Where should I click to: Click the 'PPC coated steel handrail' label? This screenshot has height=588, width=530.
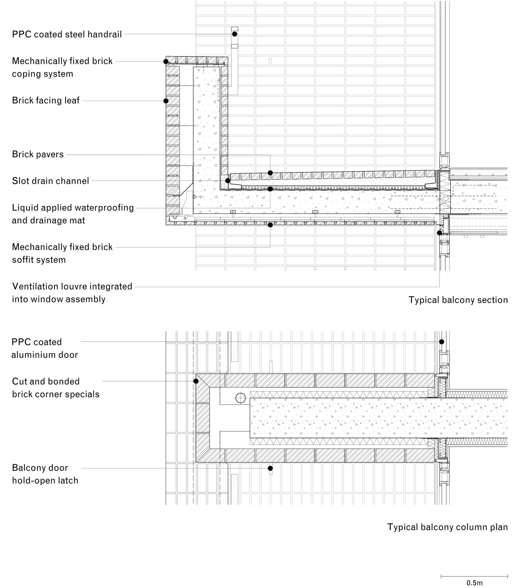67,34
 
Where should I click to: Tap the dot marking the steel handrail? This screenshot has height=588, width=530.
235,34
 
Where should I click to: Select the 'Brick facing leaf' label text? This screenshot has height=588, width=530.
46,100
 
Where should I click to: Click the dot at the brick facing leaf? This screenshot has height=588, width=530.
166,101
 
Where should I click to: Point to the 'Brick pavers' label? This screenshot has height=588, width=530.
38,155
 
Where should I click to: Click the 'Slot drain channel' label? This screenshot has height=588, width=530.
50,181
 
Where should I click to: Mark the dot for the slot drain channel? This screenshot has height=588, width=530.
228,181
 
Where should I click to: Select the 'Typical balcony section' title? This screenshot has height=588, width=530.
458,300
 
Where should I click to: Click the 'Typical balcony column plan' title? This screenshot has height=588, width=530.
447,527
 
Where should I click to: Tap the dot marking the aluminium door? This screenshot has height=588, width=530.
442,341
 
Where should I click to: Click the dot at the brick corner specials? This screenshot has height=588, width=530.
196,381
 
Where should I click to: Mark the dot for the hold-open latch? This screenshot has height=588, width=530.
270,468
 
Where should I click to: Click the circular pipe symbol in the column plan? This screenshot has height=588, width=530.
241,398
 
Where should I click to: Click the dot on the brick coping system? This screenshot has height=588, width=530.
166,62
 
